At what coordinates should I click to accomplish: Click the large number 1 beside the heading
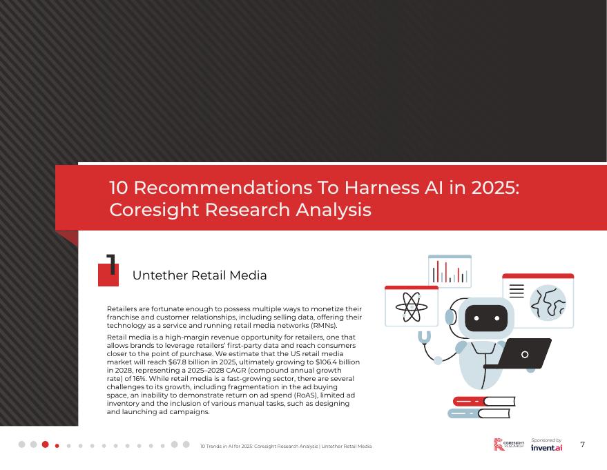pyautogui.click(x=110, y=266)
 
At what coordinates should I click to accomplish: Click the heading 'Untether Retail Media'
pyautogui.click(x=199, y=275)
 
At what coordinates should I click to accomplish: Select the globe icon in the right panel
pyautogui.click(x=548, y=302)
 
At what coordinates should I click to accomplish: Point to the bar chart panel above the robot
pyautogui.click(x=450, y=271)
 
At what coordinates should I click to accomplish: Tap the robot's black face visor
pyautogui.click(x=486, y=318)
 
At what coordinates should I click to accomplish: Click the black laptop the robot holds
pyautogui.click(x=525, y=353)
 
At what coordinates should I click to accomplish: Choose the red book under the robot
pyautogui.click(x=483, y=401)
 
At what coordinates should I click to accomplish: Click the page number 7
pyautogui.click(x=583, y=444)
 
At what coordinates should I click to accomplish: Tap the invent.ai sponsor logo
pyautogui.click(x=547, y=448)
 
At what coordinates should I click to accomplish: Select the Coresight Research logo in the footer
pyautogui.click(x=509, y=445)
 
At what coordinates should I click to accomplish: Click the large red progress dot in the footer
pyautogui.click(x=46, y=444)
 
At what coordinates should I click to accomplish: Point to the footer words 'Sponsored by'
pyautogui.click(x=546, y=440)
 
